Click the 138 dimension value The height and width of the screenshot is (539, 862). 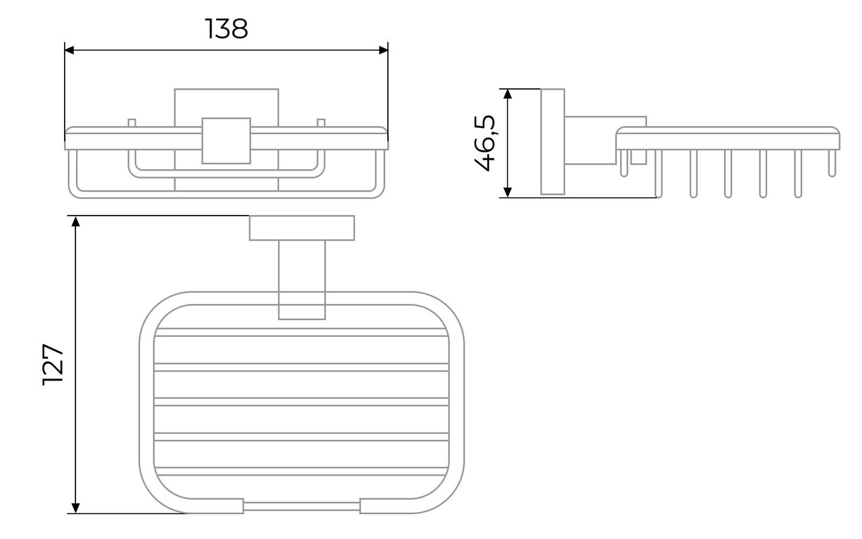pos(226,29)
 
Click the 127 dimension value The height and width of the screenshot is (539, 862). pos(53,364)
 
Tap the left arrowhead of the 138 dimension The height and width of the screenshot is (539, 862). pos(69,50)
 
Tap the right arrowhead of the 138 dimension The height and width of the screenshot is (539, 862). pos(383,50)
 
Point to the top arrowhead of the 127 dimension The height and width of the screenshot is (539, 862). pos(76,221)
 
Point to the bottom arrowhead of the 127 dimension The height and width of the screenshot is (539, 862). pos(76,508)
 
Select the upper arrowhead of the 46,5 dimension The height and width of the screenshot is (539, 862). pos(508,94)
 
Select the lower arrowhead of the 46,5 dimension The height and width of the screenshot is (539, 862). pos(508,192)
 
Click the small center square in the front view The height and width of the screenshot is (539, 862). pos(226,141)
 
